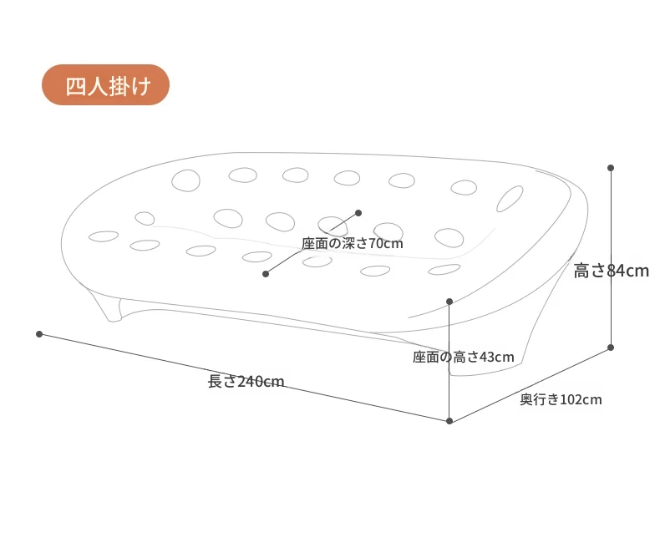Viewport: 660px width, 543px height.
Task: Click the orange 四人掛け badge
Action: tap(105, 84)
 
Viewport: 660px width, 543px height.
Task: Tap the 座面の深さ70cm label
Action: tap(353, 243)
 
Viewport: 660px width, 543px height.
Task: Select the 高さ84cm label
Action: tap(612, 271)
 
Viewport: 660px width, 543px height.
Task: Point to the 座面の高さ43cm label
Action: tap(464, 357)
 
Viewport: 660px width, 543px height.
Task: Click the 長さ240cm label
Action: tap(246, 382)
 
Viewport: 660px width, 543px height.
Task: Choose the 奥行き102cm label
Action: tap(561, 399)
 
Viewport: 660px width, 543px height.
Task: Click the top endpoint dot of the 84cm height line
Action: tap(611, 168)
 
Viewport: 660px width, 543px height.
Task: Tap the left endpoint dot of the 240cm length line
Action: tap(39, 334)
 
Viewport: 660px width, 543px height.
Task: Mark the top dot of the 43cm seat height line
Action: tap(449, 302)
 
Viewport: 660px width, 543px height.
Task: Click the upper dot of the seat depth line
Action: tap(358, 213)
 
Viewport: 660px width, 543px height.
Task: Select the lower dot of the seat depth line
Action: tap(266, 274)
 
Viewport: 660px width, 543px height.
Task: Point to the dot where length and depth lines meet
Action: tap(449, 421)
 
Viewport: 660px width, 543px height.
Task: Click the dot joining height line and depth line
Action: tap(611, 348)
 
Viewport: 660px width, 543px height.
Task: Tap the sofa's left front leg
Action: tap(109, 307)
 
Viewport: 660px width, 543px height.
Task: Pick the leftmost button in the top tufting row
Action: tap(185, 180)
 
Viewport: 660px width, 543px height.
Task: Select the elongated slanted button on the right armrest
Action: tap(510, 199)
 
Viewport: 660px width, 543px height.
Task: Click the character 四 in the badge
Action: tap(76, 86)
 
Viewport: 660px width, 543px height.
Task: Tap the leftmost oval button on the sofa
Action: tap(104, 236)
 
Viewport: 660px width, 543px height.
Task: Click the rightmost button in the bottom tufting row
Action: tap(444, 269)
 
